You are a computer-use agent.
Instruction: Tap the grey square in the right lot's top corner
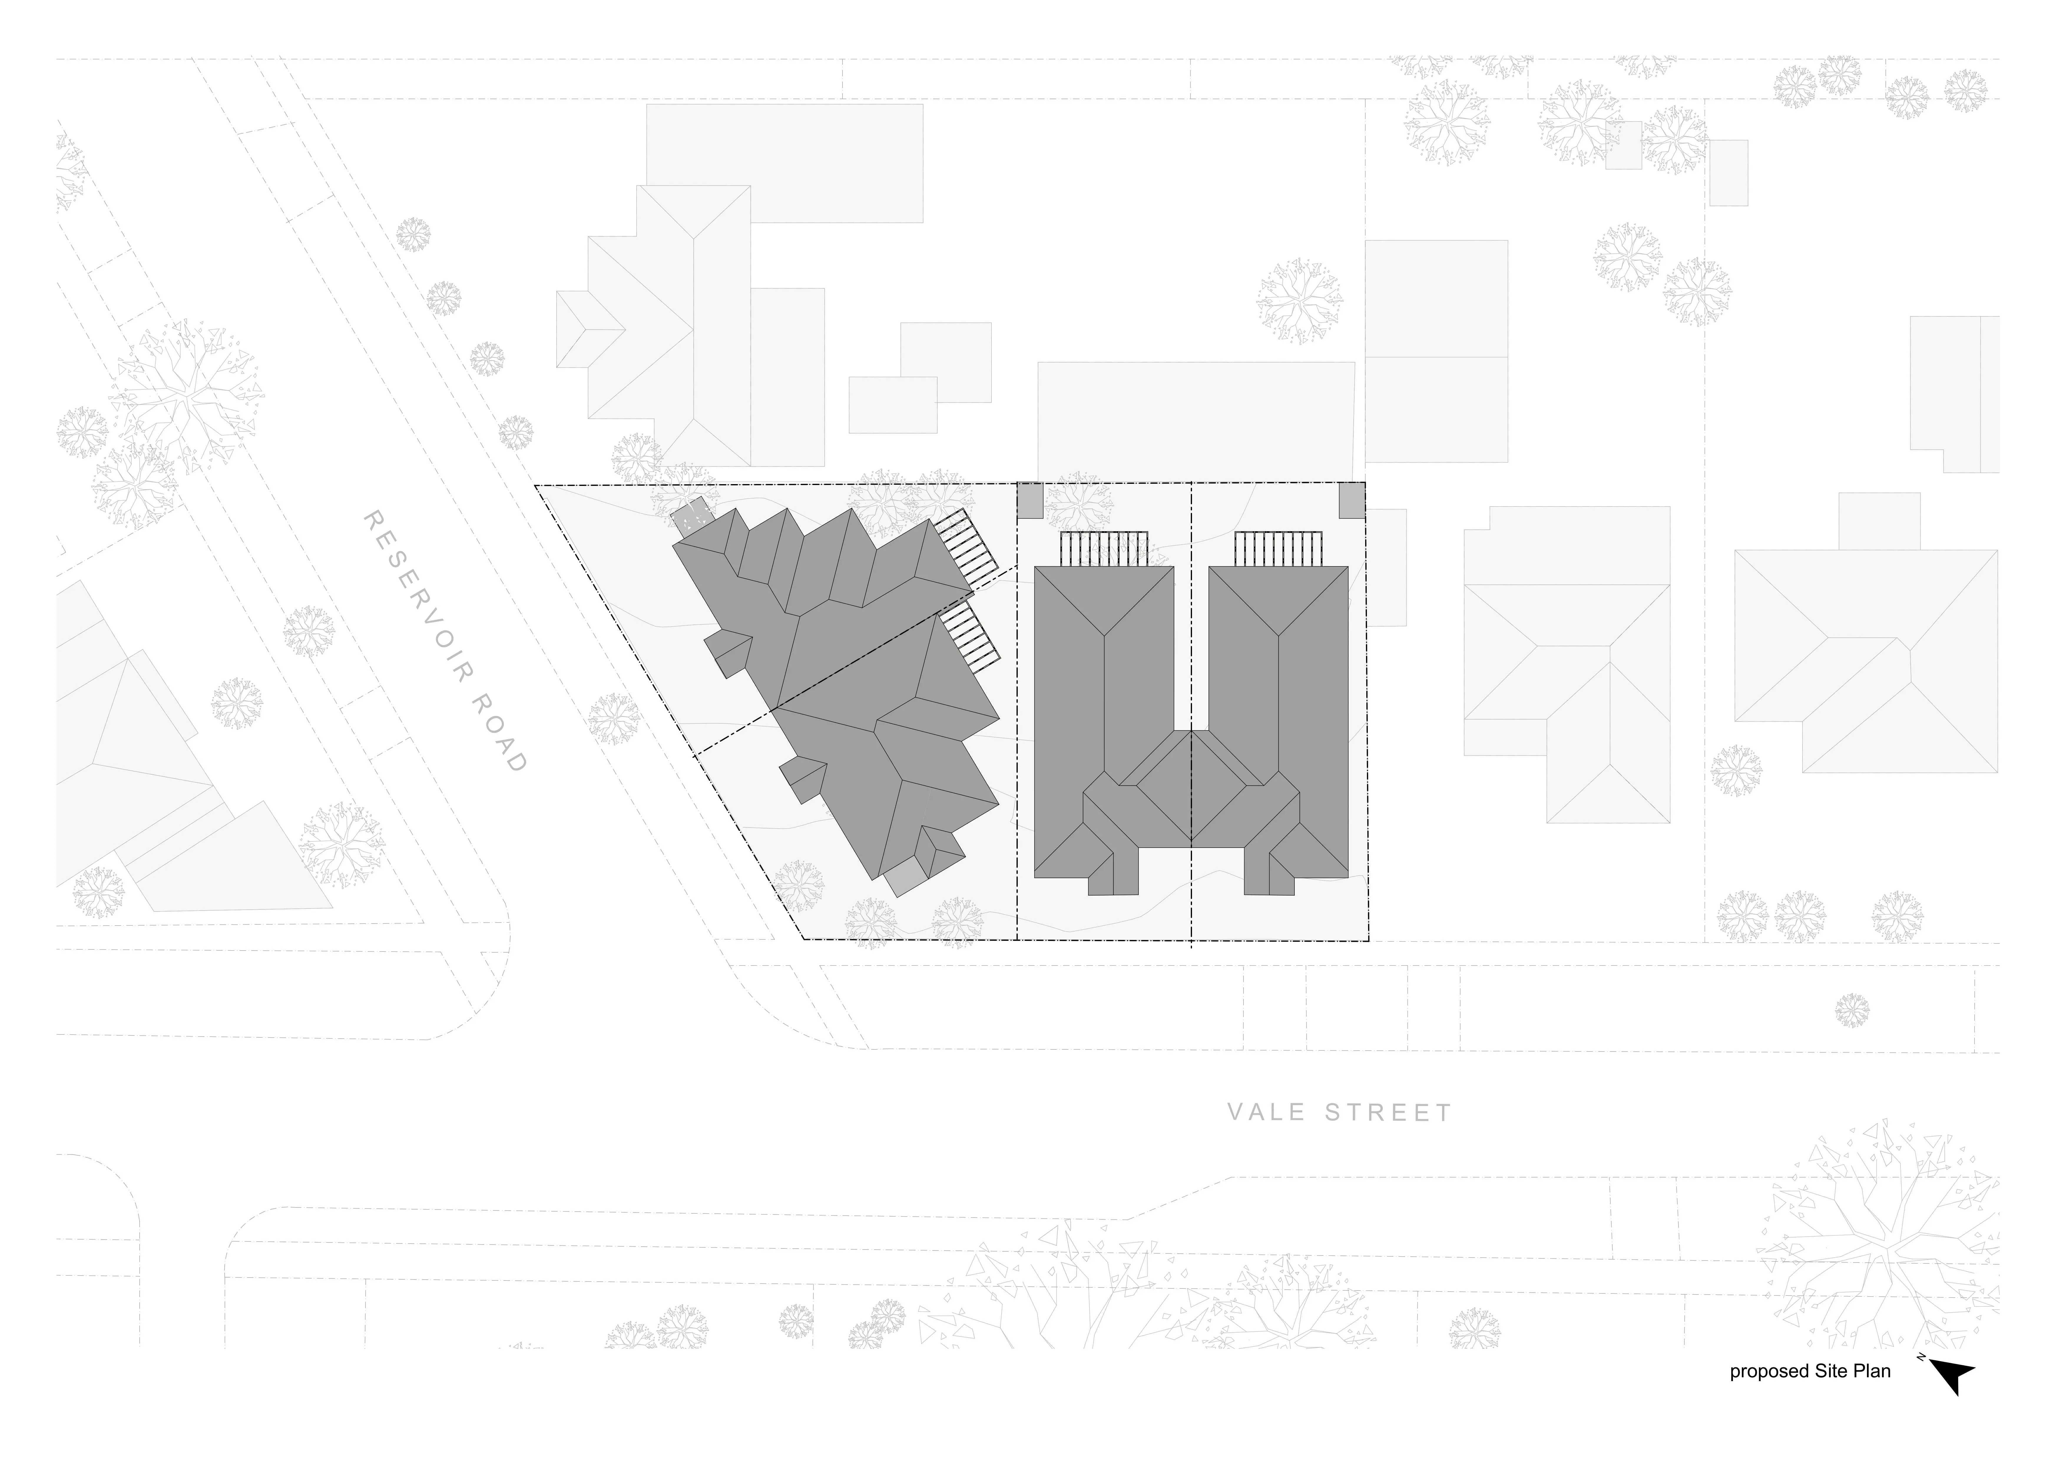pyautogui.click(x=1352, y=500)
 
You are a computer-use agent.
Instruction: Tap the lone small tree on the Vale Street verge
pyautogui.click(x=1852, y=1010)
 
